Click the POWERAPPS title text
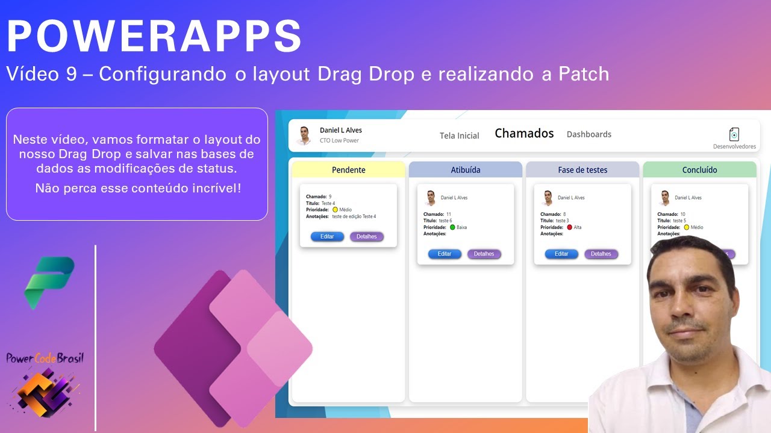pyautogui.click(x=154, y=36)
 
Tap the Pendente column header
pyautogui.click(x=348, y=170)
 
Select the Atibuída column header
pyautogui.click(x=465, y=170)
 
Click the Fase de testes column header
pyautogui.click(x=582, y=170)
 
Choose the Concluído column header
pyautogui.click(x=699, y=170)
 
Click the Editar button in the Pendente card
pyautogui.click(x=327, y=237)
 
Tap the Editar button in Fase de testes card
pyautogui.click(x=561, y=254)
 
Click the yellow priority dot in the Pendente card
pyautogui.click(x=335, y=210)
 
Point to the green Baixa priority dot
pyautogui.click(x=452, y=227)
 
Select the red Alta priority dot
pyautogui.click(x=569, y=227)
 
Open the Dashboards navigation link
pyautogui.click(x=588, y=135)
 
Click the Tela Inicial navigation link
pyautogui.click(x=459, y=136)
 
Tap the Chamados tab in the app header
pyautogui.click(x=524, y=134)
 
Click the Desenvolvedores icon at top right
pyautogui.click(x=734, y=134)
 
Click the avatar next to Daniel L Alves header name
pyautogui.click(x=304, y=136)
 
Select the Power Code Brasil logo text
pyautogui.click(x=45, y=358)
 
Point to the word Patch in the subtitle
pyautogui.click(x=584, y=74)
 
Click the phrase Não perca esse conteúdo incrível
pyautogui.click(x=138, y=188)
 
